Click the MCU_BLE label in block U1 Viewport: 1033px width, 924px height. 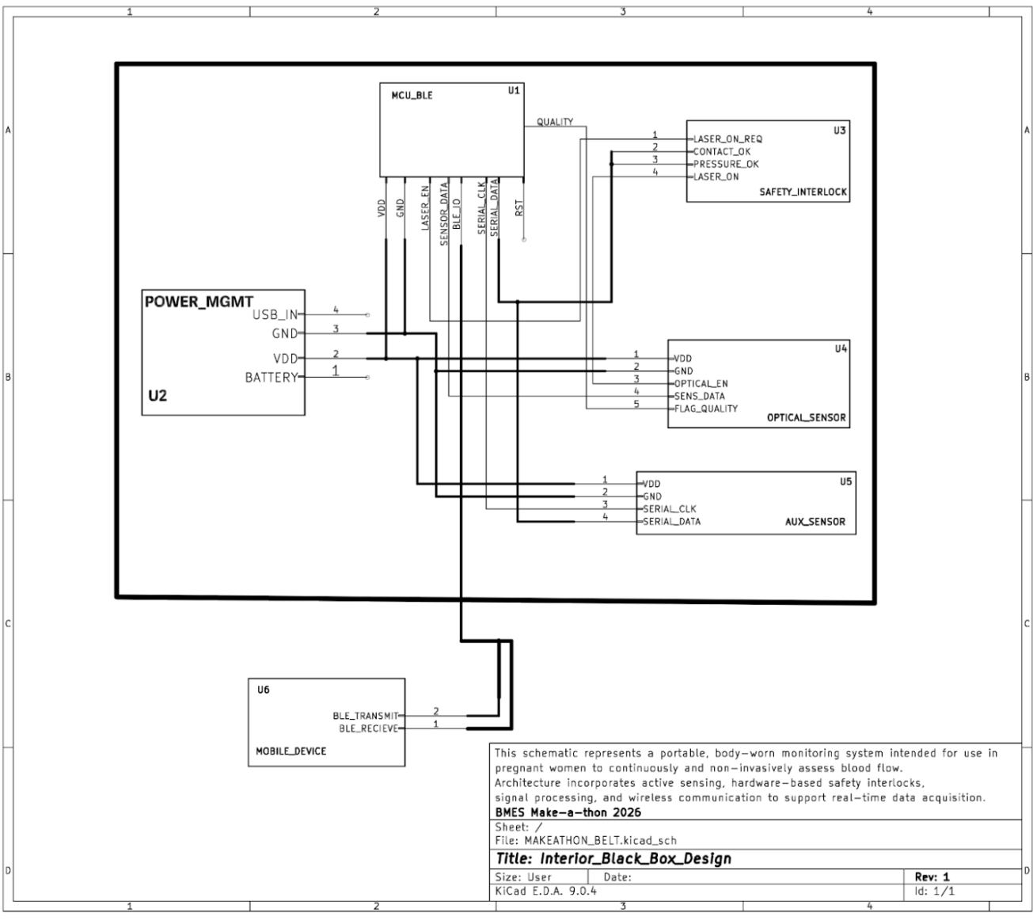tap(412, 96)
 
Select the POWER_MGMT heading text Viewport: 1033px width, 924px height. tap(199, 302)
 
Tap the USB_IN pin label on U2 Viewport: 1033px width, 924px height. tap(275, 315)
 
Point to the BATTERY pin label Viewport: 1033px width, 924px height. tap(271, 378)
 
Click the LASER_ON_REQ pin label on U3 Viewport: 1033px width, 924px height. tap(727, 139)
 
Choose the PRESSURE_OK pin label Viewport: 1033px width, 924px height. tap(726, 164)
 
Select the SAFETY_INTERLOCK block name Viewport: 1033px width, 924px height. tap(803, 192)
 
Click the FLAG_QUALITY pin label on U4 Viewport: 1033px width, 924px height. tap(705, 409)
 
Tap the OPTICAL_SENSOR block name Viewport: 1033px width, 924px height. tap(806, 418)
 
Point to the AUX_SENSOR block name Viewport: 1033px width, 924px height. tap(815, 522)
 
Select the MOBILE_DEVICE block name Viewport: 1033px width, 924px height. tap(291, 751)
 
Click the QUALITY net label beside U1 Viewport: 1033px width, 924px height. tap(554, 122)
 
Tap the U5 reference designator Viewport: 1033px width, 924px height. tap(845, 482)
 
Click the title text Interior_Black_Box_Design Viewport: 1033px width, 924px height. tap(613, 859)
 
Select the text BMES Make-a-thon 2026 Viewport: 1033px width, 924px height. tap(556, 812)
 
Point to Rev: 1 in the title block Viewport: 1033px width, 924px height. tap(932, 877)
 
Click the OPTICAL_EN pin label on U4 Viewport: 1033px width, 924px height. tap(701, 383)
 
